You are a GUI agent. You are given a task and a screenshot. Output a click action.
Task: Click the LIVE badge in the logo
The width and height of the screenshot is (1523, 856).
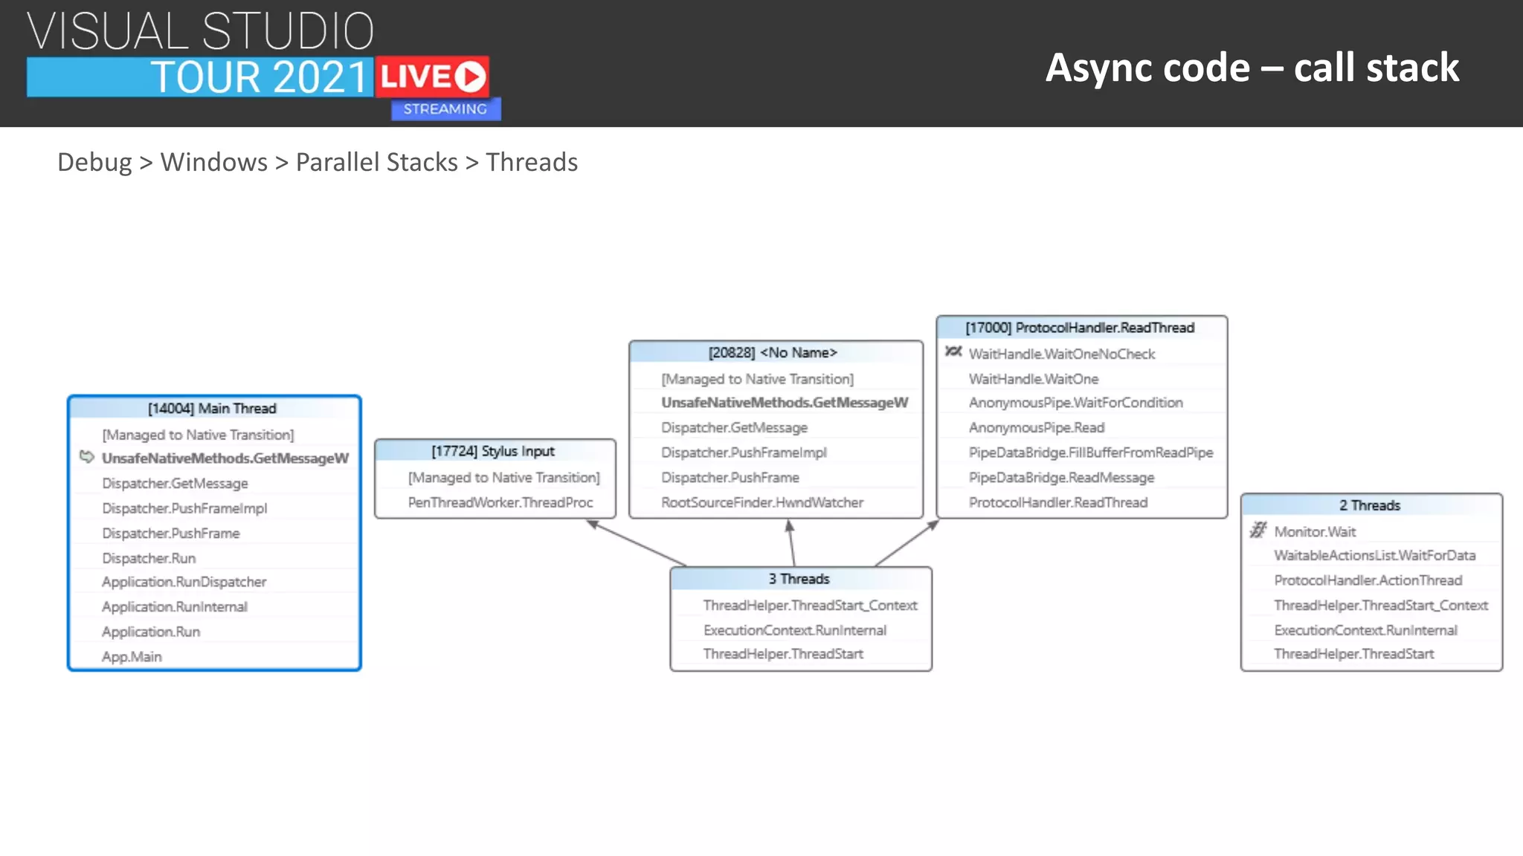point(432,77)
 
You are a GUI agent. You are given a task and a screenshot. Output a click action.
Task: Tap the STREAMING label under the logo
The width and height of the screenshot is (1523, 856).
point(445,109)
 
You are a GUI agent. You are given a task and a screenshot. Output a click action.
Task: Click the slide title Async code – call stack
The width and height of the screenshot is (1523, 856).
point(1252,68)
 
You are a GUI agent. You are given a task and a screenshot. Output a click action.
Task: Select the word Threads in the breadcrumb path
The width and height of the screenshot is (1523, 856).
point(531,162)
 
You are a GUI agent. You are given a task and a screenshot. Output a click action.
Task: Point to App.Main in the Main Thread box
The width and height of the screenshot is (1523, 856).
point(132,657)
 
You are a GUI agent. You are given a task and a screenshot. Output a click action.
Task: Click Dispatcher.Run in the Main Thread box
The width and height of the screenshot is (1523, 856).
point(149,558)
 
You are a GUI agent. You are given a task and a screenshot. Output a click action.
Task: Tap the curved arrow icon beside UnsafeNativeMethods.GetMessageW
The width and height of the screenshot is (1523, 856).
point(87,457)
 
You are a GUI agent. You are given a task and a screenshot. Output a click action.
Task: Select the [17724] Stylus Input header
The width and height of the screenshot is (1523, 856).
point(493,451)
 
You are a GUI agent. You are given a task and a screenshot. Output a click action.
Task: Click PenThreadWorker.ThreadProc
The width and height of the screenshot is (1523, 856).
point(500,502)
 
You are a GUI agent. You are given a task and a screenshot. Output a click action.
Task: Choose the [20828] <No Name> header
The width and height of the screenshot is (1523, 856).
point(773,353)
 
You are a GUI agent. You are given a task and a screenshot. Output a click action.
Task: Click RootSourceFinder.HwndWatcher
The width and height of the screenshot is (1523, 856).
point(762,502)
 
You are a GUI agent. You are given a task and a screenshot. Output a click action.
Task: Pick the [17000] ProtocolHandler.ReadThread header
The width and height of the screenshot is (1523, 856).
point(1080,328)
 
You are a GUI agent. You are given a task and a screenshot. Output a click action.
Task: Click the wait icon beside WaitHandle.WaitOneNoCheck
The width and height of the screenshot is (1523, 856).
point(953,352)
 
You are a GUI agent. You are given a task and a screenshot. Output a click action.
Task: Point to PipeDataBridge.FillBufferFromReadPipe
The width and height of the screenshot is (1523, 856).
point(1090,453)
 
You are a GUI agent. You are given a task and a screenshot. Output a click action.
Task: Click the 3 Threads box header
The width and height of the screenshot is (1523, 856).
point(799,579)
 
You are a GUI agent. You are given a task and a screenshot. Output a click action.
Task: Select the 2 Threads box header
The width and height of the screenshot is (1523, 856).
point(1370,505)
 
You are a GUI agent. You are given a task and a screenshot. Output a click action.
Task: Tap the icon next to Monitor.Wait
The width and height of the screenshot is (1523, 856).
point(1258,531)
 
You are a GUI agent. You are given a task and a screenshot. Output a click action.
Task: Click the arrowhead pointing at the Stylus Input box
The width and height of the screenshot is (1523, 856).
point(593,525)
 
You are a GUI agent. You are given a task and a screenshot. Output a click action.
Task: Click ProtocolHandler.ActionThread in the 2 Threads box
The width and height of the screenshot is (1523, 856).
point(1368,580)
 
